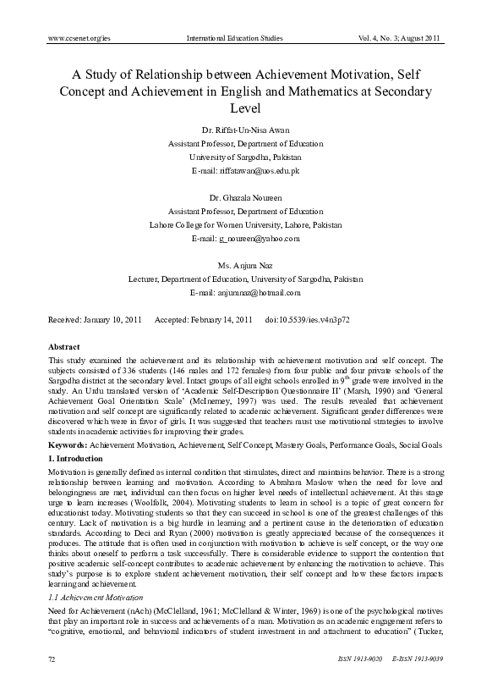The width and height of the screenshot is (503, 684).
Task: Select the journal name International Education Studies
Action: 251,39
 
